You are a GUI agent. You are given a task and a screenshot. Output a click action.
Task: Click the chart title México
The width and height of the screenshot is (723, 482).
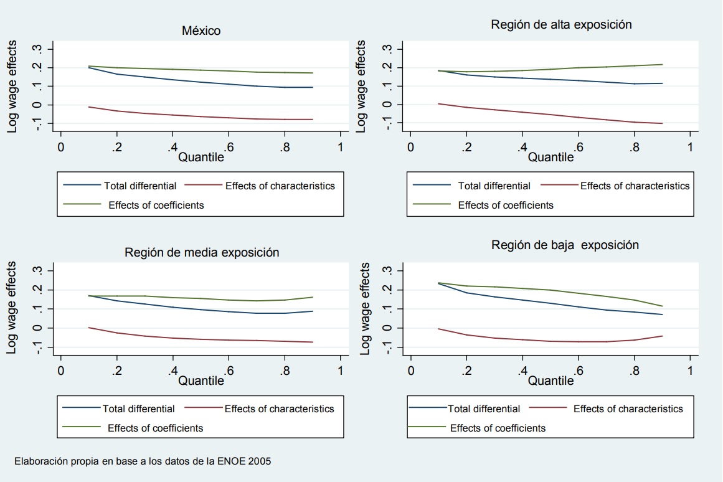201,31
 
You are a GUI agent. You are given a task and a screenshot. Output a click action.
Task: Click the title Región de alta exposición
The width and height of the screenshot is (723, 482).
561,24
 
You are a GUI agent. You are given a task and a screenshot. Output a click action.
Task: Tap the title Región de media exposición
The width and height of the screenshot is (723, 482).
202,252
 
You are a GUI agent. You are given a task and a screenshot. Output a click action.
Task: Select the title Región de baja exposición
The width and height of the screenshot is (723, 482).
565,245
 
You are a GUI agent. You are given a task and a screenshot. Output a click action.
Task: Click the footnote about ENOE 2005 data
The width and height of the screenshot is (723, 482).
143,461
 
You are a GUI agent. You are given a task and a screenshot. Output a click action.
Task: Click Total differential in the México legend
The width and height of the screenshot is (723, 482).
140,186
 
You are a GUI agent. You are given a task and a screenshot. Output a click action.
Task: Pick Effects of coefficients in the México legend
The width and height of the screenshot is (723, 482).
156,205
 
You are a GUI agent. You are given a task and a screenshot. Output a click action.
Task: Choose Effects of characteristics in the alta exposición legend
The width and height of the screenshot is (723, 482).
635,186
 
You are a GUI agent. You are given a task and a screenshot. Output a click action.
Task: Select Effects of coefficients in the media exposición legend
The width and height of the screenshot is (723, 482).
155,428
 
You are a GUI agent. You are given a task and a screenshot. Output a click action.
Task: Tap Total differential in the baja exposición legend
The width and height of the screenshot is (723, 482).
484,409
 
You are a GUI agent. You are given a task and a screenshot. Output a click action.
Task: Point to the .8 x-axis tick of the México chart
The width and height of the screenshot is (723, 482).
284,147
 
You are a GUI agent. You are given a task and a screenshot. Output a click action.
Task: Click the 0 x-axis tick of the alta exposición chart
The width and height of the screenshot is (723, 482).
410,147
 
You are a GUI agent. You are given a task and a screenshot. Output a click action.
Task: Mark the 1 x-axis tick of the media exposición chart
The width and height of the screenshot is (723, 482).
340,371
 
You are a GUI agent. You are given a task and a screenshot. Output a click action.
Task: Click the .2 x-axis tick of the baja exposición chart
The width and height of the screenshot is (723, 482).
466,371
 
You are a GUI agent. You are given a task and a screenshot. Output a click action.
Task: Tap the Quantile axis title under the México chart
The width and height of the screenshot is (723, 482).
201,158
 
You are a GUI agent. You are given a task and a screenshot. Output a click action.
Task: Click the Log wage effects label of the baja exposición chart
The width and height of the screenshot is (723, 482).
366,308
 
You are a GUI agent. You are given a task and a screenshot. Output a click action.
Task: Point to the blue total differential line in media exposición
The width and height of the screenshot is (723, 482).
201,310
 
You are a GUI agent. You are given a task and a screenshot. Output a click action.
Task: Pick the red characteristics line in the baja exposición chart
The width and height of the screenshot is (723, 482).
551,341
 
